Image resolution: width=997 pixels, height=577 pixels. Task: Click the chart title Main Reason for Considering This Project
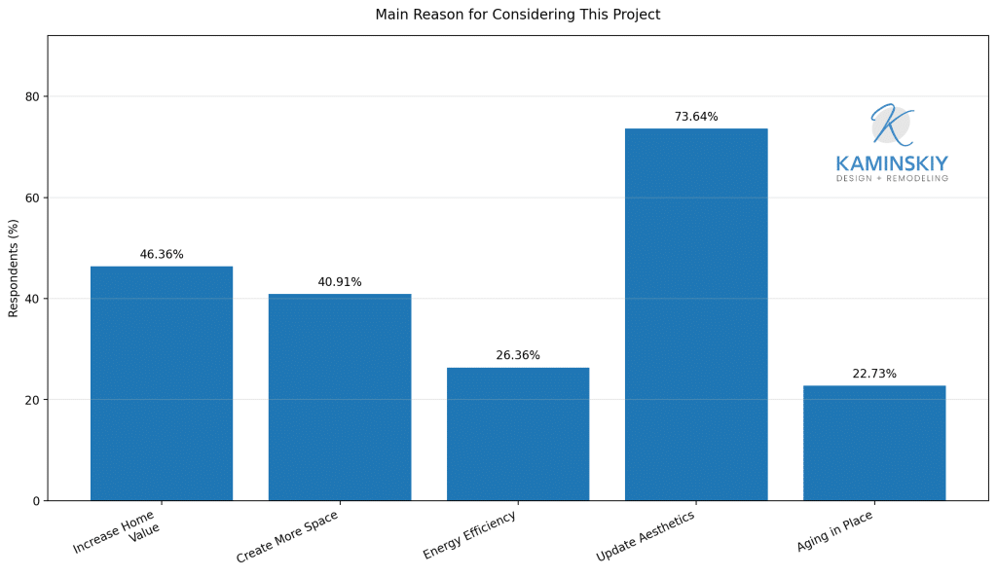[517, 15]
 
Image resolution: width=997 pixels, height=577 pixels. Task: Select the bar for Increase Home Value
[162, 383]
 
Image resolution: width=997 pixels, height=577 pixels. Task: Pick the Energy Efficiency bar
[518, 434]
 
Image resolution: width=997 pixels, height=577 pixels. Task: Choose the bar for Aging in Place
[874, 443]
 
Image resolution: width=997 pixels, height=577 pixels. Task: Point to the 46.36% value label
[162, 255]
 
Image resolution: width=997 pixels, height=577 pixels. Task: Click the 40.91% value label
[340, 282]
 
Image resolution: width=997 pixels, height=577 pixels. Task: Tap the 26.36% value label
[518, 356]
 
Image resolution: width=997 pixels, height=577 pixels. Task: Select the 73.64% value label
[696, 117]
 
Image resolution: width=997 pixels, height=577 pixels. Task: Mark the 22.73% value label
[874, 374]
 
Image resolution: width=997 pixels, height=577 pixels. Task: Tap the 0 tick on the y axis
[36, 501]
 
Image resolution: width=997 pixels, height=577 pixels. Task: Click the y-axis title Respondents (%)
[14, 269]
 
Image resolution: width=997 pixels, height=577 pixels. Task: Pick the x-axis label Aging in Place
[834, 531]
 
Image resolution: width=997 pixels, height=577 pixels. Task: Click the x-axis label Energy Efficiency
[469, 536]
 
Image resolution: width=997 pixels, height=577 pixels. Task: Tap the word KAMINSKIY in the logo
[892, 163]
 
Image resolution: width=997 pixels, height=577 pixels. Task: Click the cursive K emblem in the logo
[891, 125]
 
